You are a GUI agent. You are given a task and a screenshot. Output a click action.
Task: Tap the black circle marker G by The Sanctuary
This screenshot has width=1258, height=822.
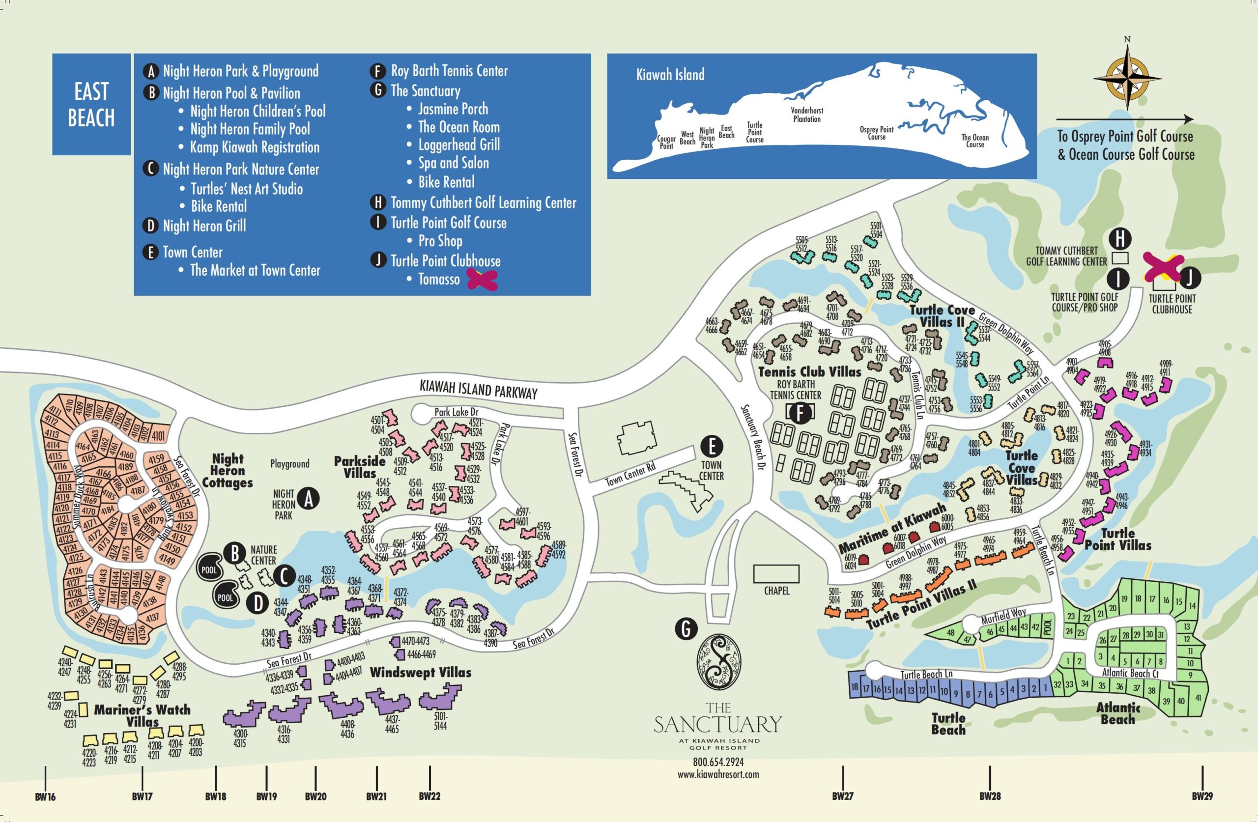[686, 629]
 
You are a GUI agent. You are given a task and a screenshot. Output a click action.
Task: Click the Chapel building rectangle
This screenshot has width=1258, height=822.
[776, 573]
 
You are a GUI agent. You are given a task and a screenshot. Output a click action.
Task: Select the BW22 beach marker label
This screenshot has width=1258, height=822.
[429, 796]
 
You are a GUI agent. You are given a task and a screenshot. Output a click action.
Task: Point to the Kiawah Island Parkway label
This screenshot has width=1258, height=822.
[478, 390]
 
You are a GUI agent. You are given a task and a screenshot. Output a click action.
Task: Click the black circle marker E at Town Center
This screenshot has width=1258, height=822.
[712, 446]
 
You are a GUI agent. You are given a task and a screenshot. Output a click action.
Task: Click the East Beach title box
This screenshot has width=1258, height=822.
[91, 105]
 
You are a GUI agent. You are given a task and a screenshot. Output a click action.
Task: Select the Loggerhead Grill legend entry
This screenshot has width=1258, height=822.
[459, 145]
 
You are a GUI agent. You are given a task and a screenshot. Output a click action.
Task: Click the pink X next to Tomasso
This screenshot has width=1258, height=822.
[482, 280]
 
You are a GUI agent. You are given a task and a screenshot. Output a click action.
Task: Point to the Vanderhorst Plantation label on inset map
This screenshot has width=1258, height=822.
[806, 114]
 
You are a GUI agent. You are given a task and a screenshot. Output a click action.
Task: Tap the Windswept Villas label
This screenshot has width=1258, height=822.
[420, 673]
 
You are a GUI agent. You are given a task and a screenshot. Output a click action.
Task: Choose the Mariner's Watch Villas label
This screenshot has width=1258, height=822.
[142, 715]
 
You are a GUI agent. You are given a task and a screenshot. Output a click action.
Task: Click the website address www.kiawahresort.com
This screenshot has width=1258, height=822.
[718, 774]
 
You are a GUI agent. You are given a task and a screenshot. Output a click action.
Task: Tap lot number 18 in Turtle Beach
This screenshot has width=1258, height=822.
[855, 687]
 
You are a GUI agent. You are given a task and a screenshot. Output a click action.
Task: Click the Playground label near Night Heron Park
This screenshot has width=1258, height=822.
[289, 464]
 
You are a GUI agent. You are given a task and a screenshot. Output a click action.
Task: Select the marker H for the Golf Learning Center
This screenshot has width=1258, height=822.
[1119, 238]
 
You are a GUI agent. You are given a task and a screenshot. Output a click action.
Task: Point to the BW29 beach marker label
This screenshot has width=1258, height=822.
[1202, 796]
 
